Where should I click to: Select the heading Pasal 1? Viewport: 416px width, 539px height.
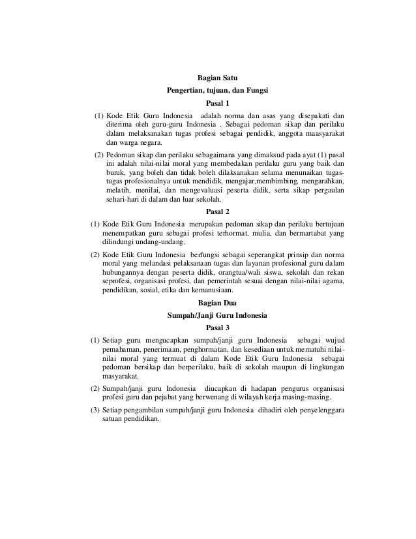tap(218, 103)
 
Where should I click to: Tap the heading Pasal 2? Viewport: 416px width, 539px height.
tap(218, 211)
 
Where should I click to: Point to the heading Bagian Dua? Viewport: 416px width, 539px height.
tap(218, 303)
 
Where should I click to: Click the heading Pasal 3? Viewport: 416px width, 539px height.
tap(218, 328)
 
